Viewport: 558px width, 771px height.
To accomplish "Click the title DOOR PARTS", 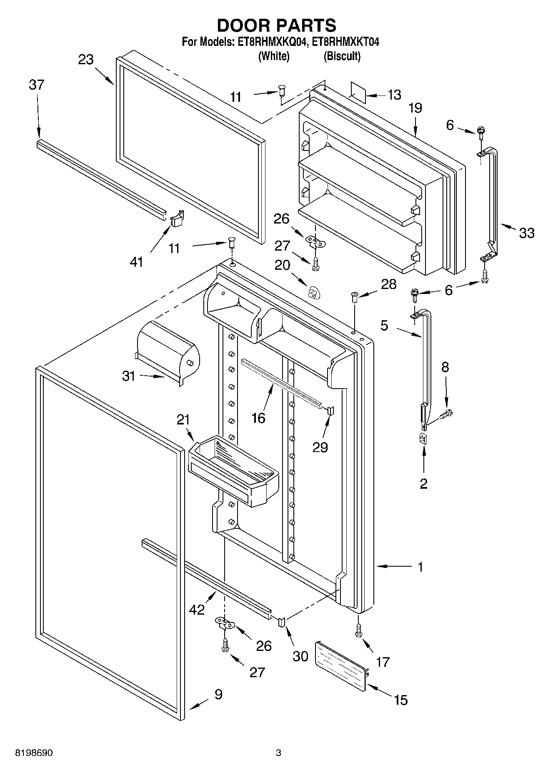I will (x=276, y=25).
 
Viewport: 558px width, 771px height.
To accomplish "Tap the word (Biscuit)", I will (x=342, y=56).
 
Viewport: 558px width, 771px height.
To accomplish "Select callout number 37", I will (x=37, y=85).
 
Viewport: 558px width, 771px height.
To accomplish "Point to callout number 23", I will (x=86, y=60).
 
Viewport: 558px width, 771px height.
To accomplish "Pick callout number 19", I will (x=415, y=108).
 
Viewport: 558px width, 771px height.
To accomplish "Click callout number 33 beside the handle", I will (x=526, y=233).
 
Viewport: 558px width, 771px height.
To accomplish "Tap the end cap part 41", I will (x=177, y=217).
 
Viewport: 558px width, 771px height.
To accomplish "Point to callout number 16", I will (x=258, y=418).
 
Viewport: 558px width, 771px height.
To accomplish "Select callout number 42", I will (x=197, y=609).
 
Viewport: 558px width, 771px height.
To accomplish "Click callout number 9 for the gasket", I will (x=218, y=694).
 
